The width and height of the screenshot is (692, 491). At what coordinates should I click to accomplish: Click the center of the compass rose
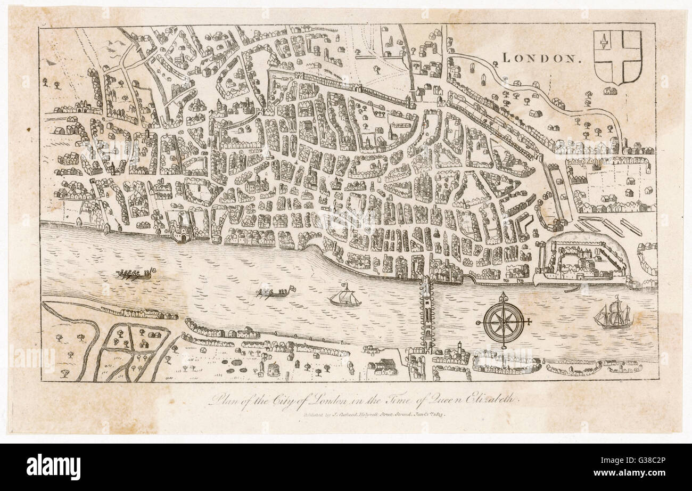pos(503,322)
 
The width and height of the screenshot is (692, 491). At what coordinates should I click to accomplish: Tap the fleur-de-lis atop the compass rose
pos(503,296)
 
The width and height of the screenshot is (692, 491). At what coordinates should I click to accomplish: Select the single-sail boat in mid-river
pos(344,296)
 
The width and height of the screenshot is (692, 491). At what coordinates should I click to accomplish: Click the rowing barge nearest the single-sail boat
pos(274,293)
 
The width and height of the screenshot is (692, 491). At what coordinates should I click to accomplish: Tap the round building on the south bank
pos(273,369)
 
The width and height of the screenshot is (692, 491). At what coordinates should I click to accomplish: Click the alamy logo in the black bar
pos(53,467)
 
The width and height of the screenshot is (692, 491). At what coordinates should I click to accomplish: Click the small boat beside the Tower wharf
pos(572,290)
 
